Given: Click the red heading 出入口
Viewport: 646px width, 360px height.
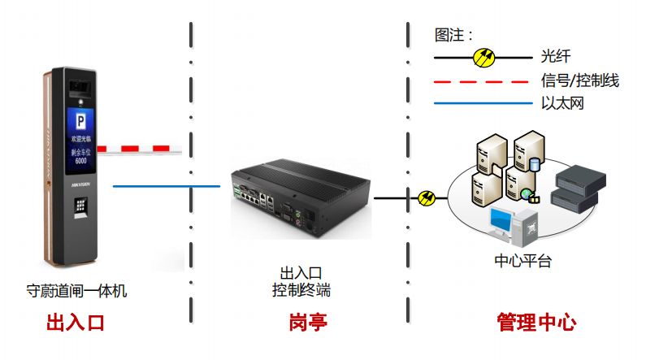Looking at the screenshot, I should (76, 323).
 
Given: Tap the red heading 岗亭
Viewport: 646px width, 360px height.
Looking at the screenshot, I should (307, 323).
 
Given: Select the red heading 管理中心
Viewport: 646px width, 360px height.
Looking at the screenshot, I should (536, 323).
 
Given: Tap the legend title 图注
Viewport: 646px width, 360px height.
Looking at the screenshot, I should (453, 36).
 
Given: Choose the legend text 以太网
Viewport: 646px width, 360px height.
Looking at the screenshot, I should (562, 104).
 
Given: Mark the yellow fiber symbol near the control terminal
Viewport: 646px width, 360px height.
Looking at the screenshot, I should (426, 197).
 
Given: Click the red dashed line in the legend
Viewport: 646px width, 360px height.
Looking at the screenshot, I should (483, 81).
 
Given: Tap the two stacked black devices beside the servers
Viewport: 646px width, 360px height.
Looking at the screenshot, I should (574, 187).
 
